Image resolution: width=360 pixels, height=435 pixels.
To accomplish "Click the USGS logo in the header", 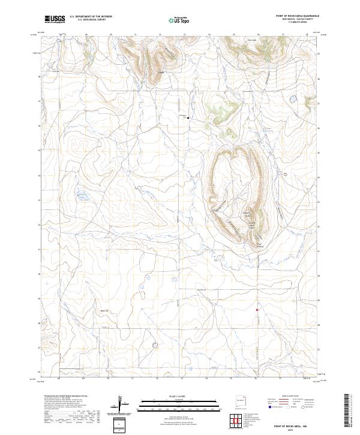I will coord(55,19).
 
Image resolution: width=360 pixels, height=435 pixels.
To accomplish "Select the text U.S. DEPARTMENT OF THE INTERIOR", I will coord(91,16).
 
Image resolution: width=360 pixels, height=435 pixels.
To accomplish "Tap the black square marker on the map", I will coord(188,118).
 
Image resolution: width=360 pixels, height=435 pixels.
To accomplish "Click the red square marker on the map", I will coord(257,310).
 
